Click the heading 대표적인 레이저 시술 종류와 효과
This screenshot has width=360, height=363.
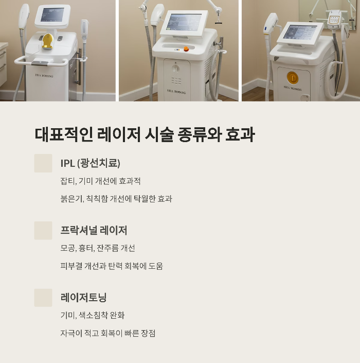coord(145,134)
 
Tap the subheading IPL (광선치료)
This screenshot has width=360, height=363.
coord(90,163)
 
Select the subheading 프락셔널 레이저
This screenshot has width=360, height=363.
coord(94,230)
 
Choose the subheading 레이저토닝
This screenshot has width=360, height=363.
coord(84,297)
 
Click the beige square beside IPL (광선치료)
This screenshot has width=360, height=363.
coord(43,163)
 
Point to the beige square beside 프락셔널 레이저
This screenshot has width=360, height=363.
coord(43,230)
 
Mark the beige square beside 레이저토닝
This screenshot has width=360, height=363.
coord(43,298)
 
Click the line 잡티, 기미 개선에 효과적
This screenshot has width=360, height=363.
coord(100,181)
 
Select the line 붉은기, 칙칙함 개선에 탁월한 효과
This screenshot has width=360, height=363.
coord(116,199)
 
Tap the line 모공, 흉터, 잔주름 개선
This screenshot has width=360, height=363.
coord(98,248)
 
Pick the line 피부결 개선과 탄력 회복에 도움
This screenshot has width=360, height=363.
coord(112,266)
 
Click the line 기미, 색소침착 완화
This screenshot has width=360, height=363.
coord(93,315)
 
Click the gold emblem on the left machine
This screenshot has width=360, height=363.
coord(48,41)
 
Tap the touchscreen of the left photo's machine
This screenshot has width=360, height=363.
coord(52,15)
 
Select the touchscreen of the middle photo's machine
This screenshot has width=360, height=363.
coord(184,22)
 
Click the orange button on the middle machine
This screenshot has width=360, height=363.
coord(186,49)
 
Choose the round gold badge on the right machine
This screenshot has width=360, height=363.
coord(293,78)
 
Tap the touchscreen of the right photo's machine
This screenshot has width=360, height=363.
coord(299,32)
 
